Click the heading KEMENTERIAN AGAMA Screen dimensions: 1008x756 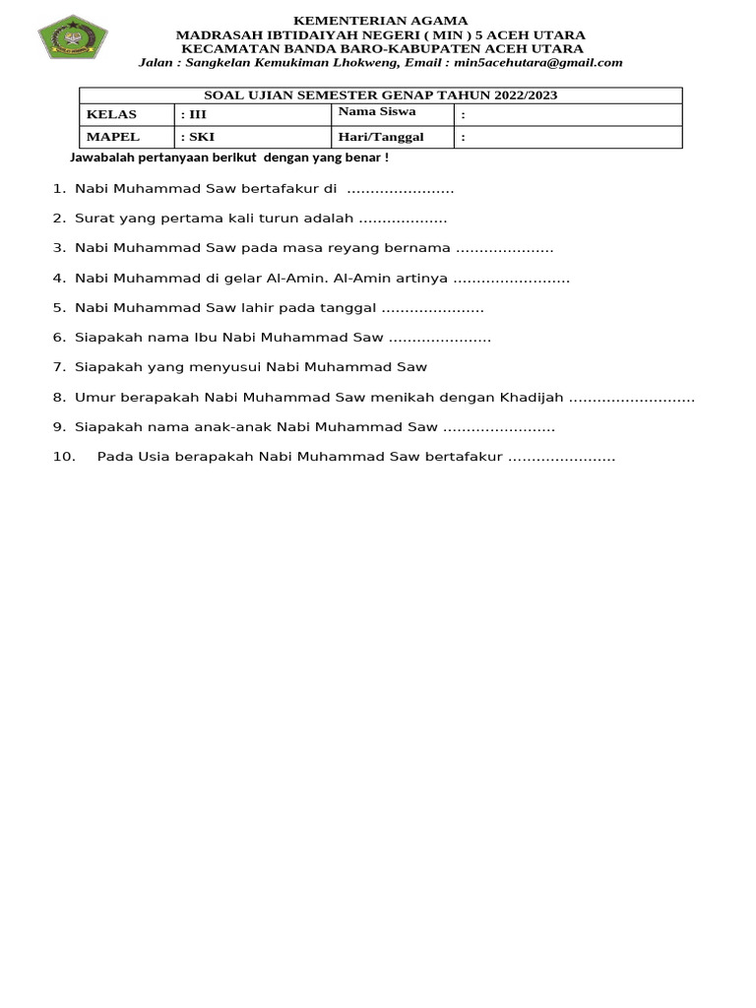coord(380,21)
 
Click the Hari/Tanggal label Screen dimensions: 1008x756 coord(380,137)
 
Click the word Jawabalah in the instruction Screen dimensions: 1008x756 coord(100,157)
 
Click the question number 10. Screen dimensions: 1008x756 coord(63,457)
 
